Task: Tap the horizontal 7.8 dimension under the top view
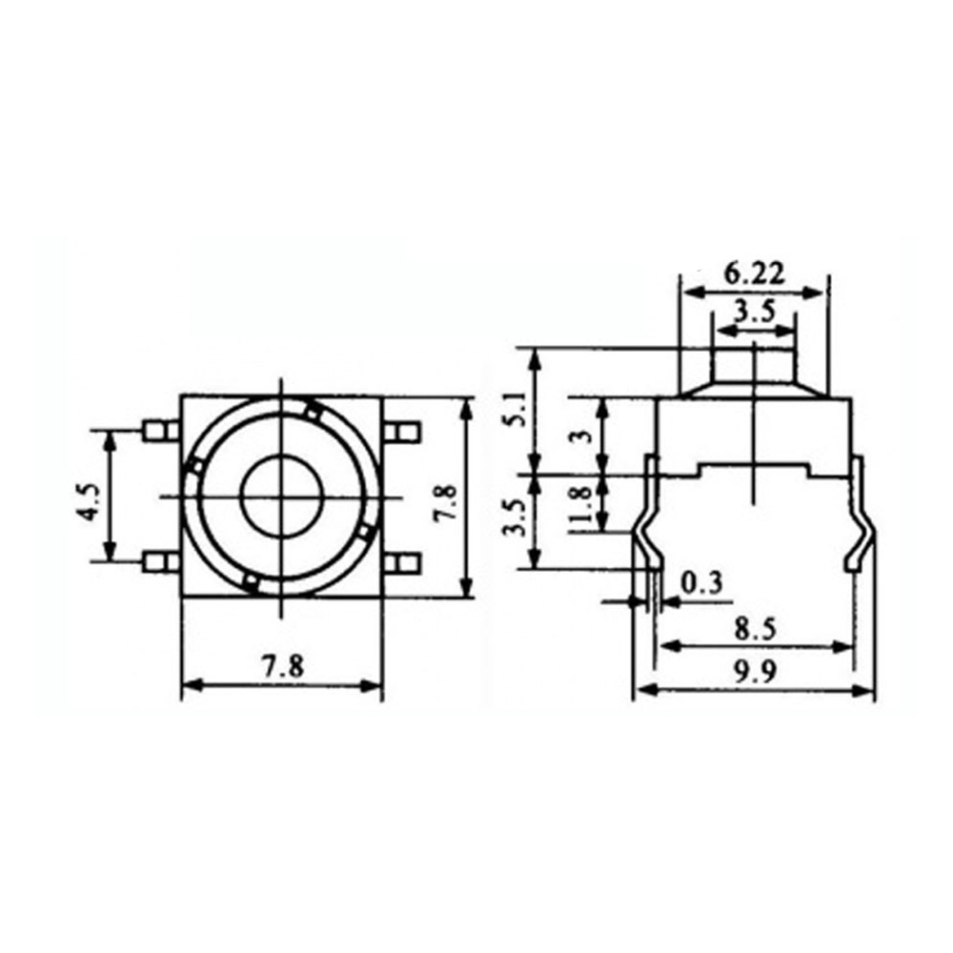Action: [x=282, y=667]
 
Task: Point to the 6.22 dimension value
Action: [x=753, y=274]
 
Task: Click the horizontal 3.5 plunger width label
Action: [x=754, y=311]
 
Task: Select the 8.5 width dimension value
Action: [x=753, y=628]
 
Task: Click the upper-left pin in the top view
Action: [x=159, y=431]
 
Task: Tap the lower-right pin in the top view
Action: [x=404, y=562]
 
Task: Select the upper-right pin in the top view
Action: [x=404, y=431]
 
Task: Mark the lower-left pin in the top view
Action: [x=159, y=562]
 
